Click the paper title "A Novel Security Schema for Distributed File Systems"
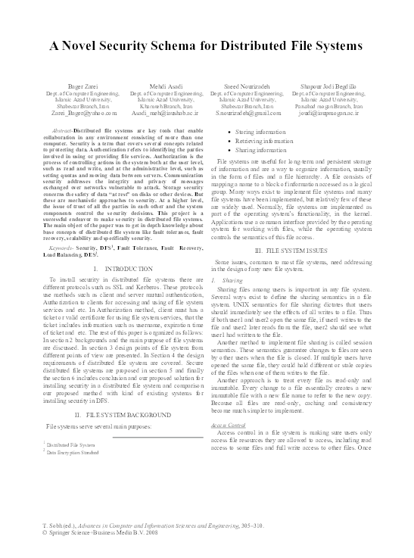click(x=207, y=46)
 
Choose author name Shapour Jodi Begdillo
click(x=331, y=88)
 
